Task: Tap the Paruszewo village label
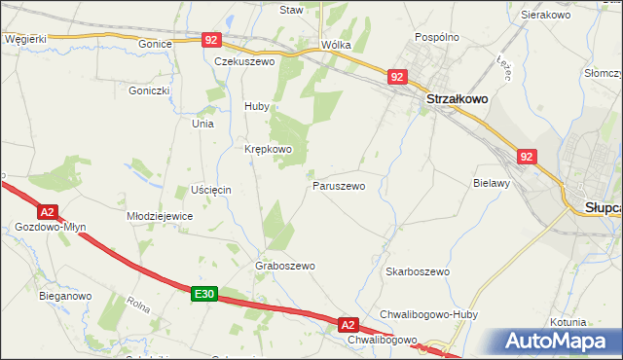click(339, 185)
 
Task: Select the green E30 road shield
click(203, 293)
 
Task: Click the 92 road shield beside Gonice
click(212, 40)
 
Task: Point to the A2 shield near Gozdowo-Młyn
click(47, 211)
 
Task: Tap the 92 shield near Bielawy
click(527, 156)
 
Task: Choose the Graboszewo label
click(285, 266)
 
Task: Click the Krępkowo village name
click(268, 149)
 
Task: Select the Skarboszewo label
click(417, 271)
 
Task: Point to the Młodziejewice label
click(161, 216)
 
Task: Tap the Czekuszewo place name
click(245, 60)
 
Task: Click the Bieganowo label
click(65, 294)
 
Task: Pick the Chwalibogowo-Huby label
click(425, 314)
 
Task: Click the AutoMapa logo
click(558, 342)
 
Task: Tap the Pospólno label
click(436, 36)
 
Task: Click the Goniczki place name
click(149, 90)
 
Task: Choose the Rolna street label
click(137, 306)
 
